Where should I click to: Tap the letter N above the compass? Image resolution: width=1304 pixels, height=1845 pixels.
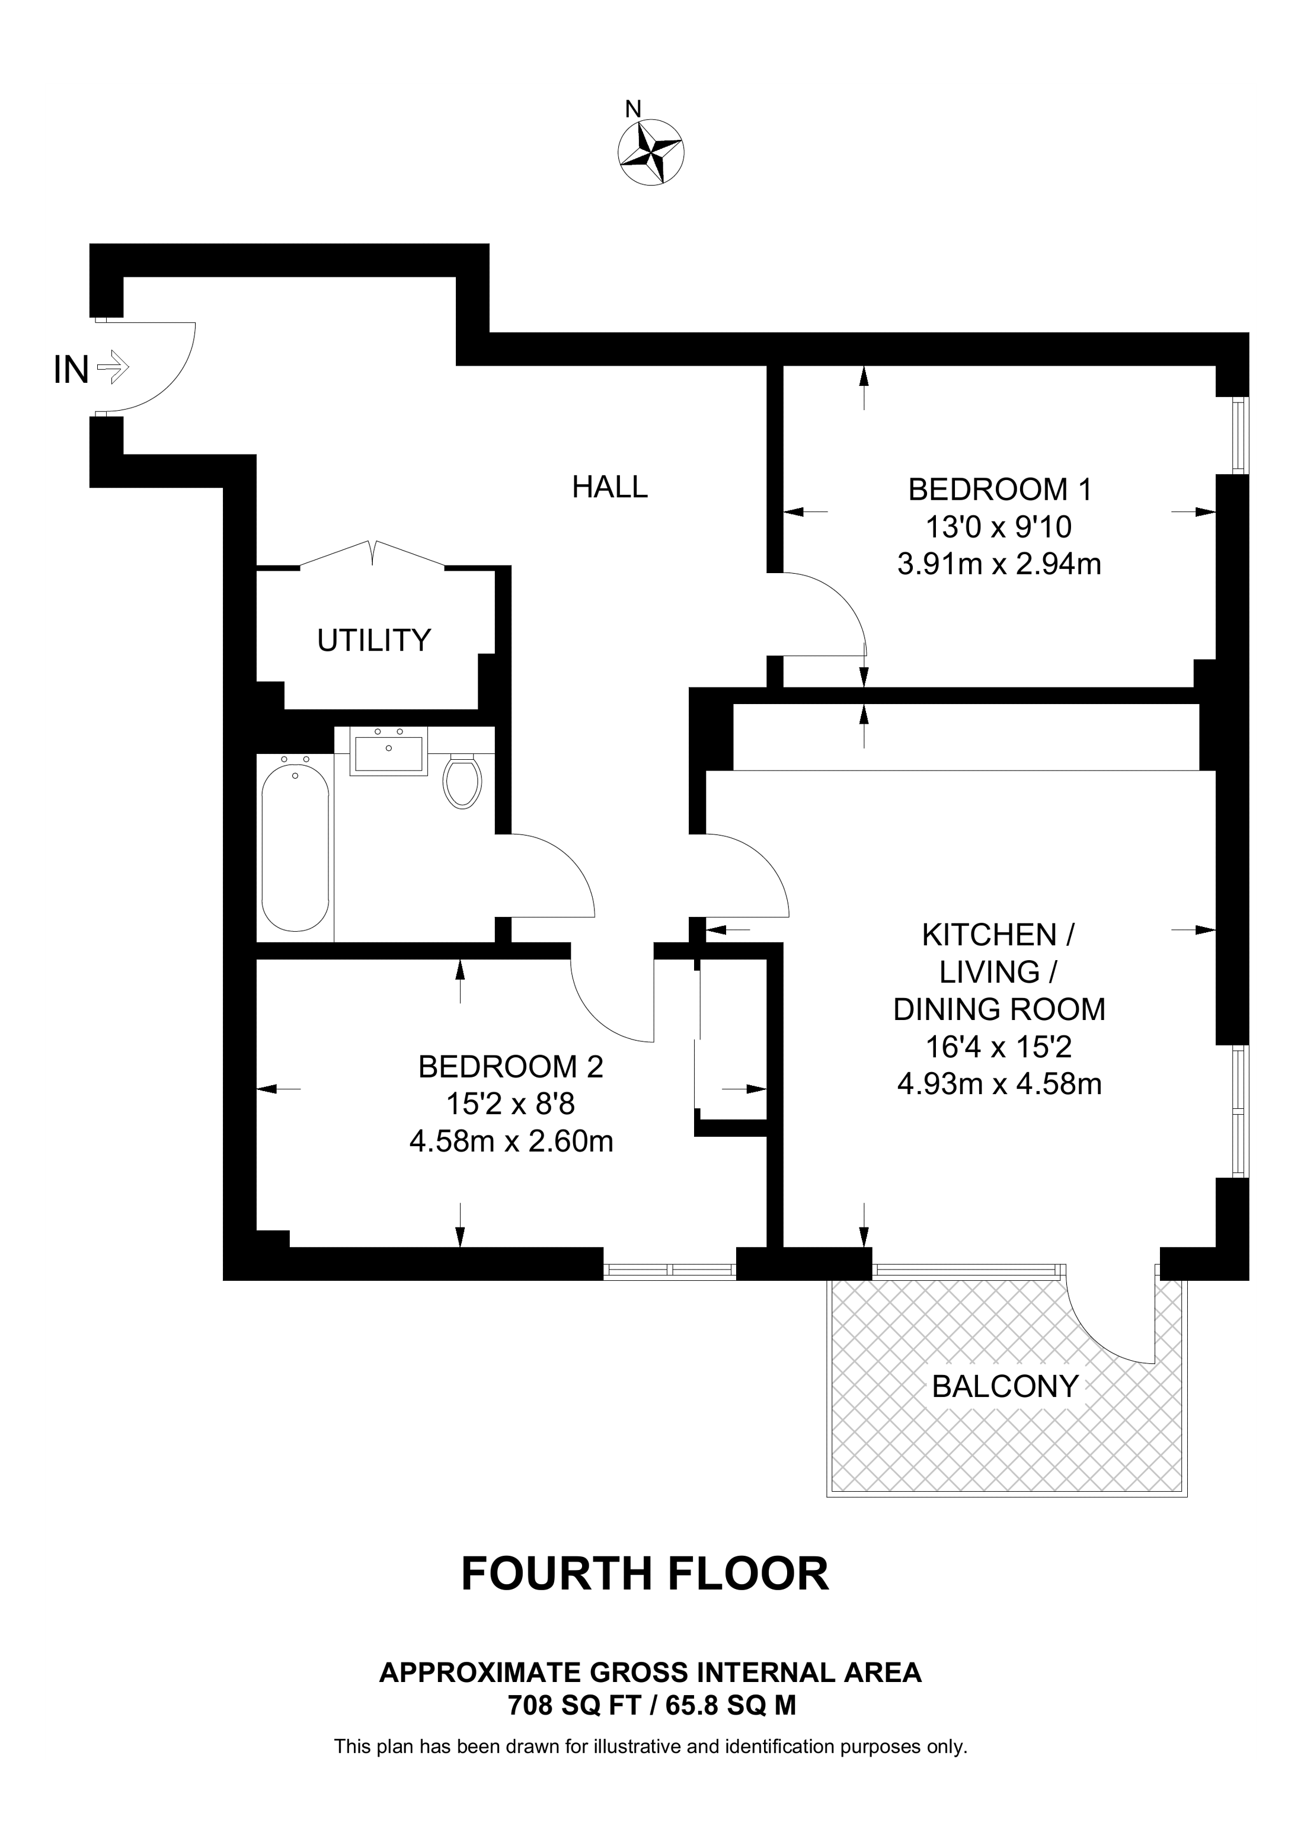point(633,109)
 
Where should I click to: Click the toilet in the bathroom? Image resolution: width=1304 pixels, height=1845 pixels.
point(462,781)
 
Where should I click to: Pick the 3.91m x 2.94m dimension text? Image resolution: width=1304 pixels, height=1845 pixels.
point(999,564)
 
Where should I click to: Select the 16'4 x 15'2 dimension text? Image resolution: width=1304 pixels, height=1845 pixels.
point(999,1047)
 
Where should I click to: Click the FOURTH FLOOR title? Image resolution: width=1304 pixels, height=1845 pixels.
point(644,1574)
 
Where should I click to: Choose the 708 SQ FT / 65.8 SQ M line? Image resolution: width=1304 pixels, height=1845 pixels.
point(651,1705)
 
